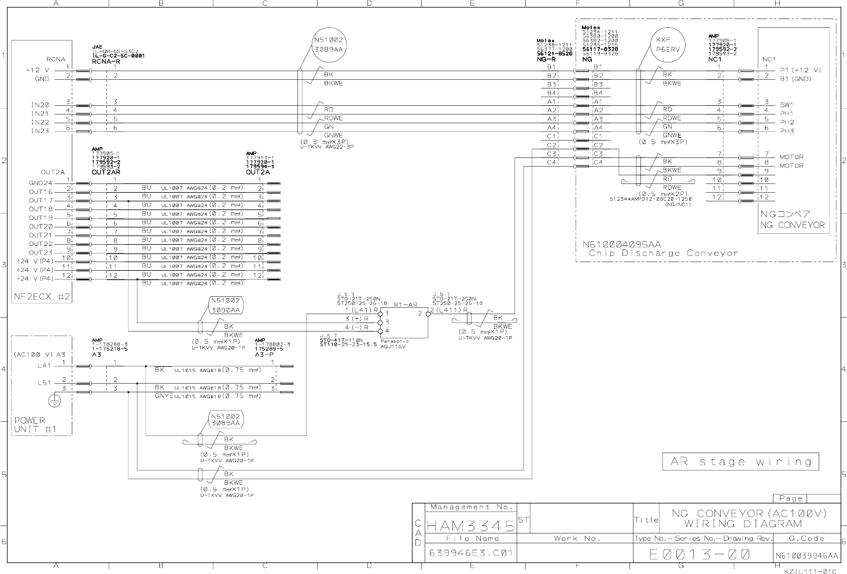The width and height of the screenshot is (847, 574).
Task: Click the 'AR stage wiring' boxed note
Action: (x=740, y=462)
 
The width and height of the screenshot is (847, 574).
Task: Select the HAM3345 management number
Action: (x=470, y=526)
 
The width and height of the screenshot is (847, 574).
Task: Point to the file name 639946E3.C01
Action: (x=470, y=553)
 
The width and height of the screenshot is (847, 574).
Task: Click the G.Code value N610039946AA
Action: (x=806, y=555)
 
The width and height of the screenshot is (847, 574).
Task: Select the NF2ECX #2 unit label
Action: (x=42, y=297)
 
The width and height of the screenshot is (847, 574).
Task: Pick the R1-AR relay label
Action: (x=405, y=304)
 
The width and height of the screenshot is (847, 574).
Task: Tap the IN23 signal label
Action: (x=40, y=131)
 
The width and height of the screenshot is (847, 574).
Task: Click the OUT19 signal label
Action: (x=41, y=218)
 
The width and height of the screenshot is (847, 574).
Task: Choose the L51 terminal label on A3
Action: (x=45, y=382)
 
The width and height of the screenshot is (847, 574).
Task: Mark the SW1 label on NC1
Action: (x=786, y=105)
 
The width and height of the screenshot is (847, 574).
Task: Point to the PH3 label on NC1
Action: (x=787, y=131)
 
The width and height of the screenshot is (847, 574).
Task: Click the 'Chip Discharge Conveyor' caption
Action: (x=663, y=253)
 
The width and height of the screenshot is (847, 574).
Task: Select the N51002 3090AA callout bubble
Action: (x=225, y=305)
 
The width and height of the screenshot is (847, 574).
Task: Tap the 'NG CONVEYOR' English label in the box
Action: (x=792, y=225)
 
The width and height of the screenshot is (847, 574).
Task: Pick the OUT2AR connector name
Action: (x=105, y=172)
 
